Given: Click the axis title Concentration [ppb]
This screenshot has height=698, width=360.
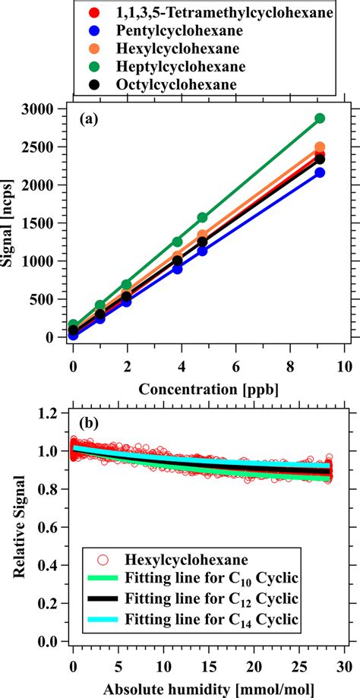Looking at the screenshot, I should click(209, 389).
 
